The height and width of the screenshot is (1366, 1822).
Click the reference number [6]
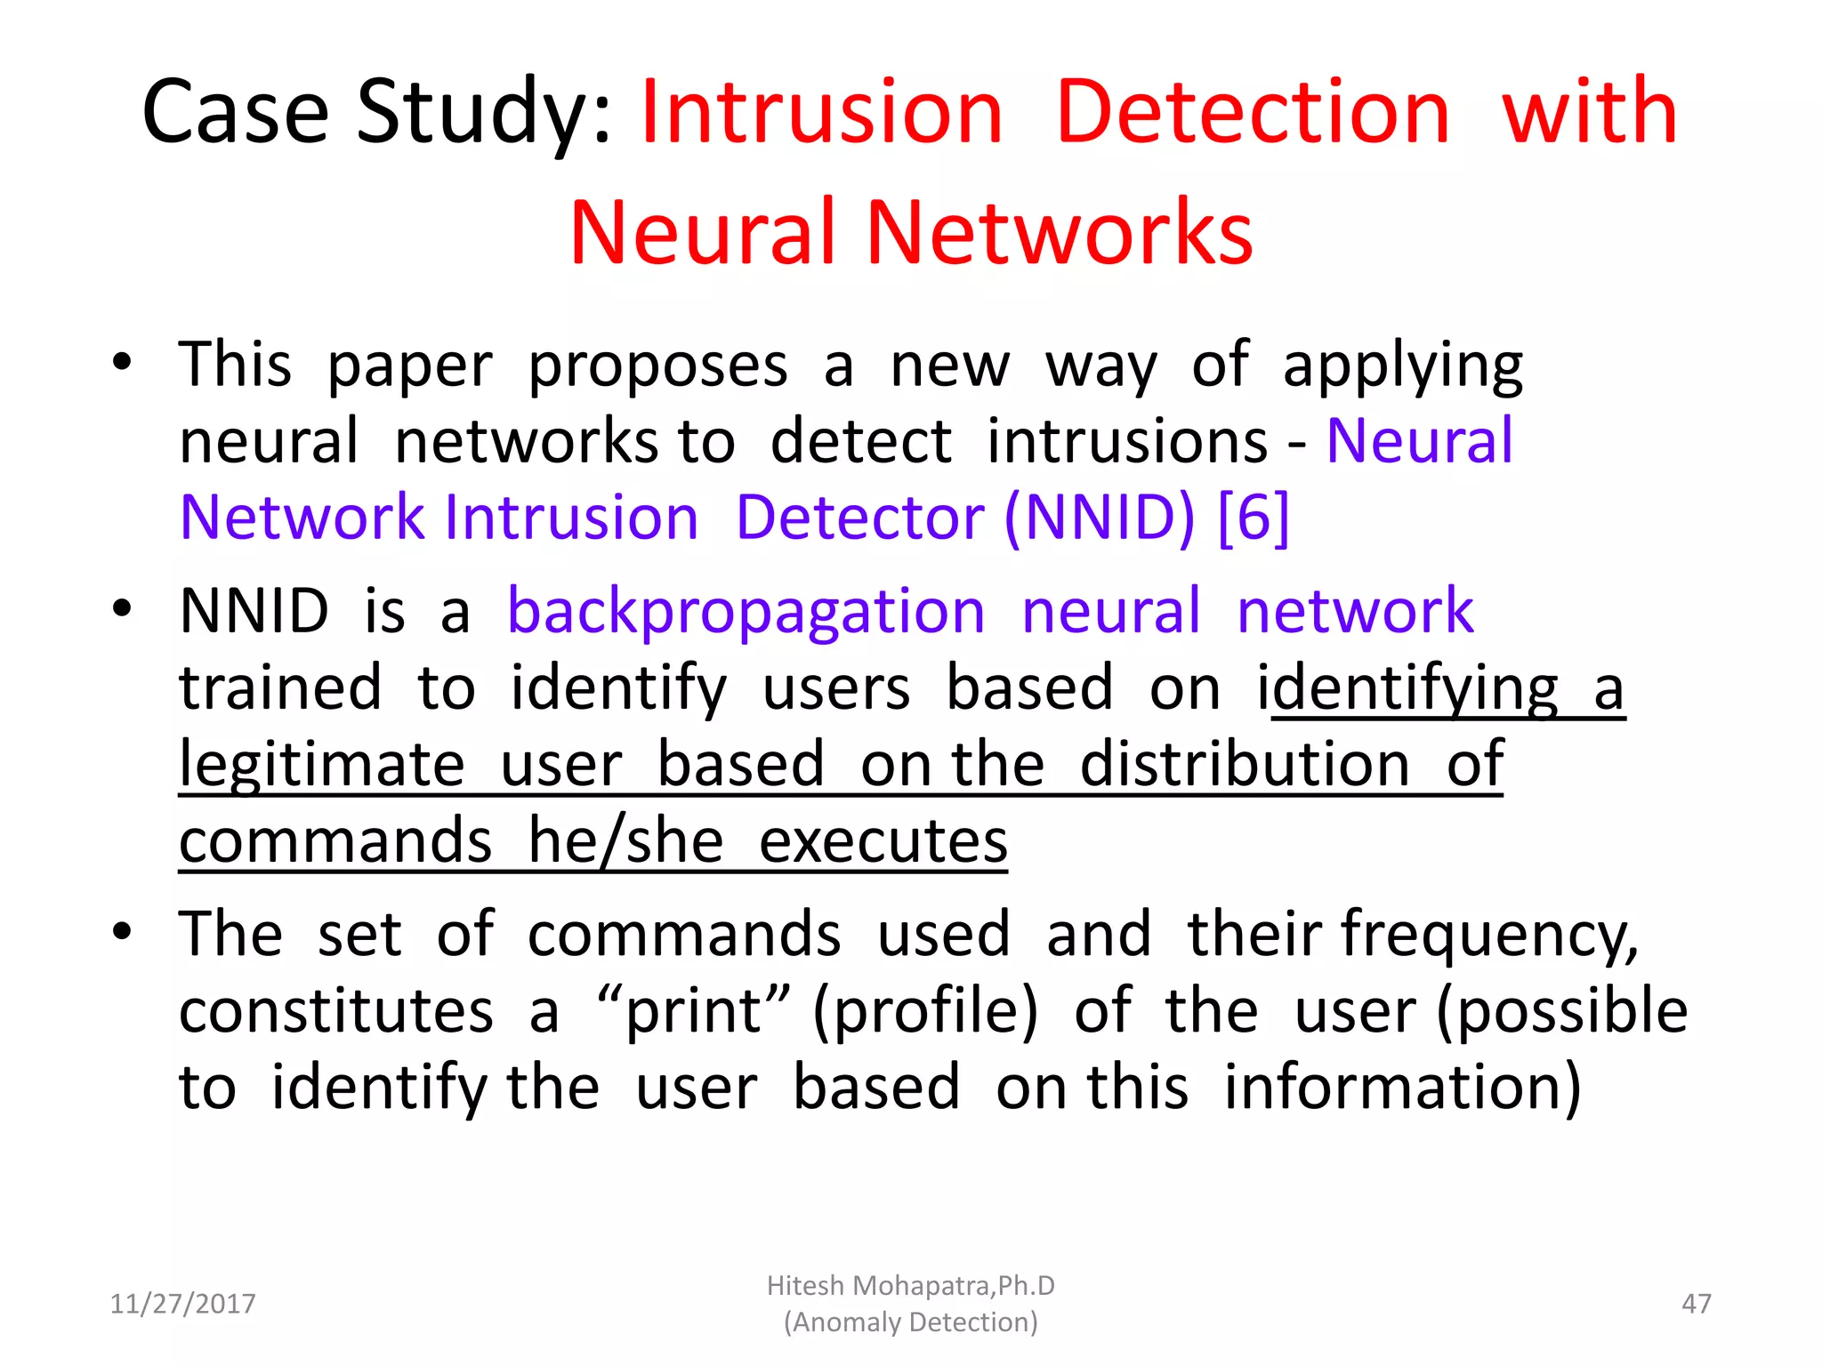[1253, 517]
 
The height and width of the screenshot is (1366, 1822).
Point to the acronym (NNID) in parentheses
[1100, 517]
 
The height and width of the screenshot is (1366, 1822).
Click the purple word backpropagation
[746, 612]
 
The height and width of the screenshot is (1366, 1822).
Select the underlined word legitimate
[322, 765]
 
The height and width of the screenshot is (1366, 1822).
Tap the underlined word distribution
[1245, 765]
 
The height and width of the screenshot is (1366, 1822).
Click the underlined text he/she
[625, 841]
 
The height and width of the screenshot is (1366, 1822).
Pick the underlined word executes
[883, 841]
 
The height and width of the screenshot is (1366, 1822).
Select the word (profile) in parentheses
[925, 1011]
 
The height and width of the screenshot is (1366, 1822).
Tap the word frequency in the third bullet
[1489, 936]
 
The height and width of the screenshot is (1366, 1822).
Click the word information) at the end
[1402, 1088]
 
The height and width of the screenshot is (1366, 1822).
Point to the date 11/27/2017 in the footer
[182, 1304]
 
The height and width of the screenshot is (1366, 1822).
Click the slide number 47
[1696, 1304]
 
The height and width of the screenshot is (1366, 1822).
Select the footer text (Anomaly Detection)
[910, 1322]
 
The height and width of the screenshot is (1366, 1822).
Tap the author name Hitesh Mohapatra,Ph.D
[910, 1285]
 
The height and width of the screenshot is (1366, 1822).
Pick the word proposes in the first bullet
[657, 366]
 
